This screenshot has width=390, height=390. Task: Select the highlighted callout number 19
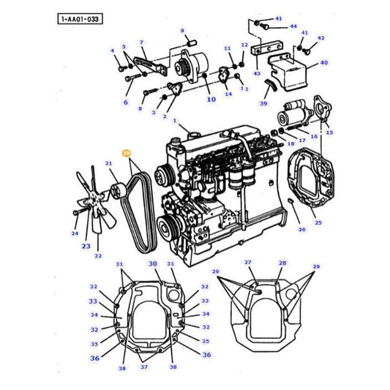(127, 154)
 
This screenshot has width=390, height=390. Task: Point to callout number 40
(323, 63)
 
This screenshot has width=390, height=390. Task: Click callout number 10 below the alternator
(211, 99)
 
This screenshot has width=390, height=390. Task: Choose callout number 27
(248, 263)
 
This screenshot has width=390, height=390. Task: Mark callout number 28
(282, 263)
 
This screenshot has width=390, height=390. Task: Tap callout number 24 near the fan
(74, 234)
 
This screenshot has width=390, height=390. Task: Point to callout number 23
(86, 246)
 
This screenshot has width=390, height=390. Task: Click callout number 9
(182, 31)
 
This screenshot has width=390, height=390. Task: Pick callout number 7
(141, 43)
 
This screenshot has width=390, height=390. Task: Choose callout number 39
(263, 103)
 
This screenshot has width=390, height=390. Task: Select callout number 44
(293, 26)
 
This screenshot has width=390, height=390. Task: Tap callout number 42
(320, 38)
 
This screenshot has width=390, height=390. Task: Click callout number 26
(301, 229)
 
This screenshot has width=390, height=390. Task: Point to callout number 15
(329, 132)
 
